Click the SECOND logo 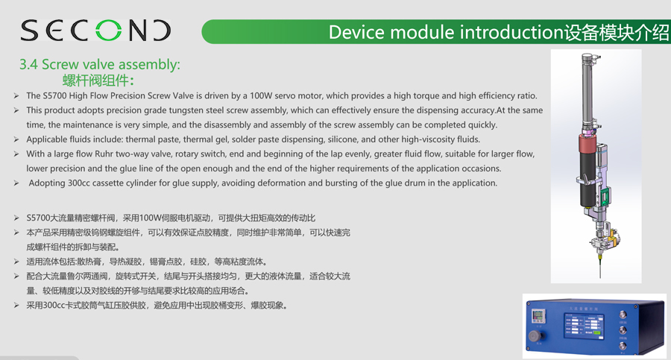[x=95, y=31]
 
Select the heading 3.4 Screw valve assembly [x=99, y=65]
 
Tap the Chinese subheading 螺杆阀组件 [x=98, y=80]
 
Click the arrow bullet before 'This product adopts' [x=16, y=110]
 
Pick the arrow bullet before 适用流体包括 [x=16, y=262]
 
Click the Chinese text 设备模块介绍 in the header [x=617, y=32]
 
